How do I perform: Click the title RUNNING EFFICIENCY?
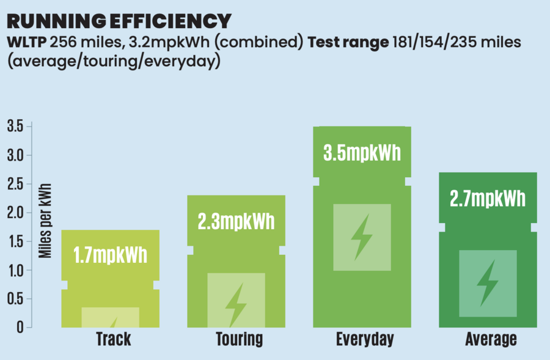coord(119,20)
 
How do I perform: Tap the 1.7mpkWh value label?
coord(110,254)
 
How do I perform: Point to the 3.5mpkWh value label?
coord(362,152)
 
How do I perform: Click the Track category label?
coord(113,339)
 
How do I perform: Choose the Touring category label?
coord(239,339)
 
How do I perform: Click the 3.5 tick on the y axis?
coord(15,127)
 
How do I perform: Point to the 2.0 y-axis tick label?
coord(15,213)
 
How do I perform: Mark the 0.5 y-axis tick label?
coord(15,299)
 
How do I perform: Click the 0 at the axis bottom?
coord(21,328)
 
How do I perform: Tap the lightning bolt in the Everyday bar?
coord(362,237)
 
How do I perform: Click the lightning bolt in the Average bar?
coord(488,283)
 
